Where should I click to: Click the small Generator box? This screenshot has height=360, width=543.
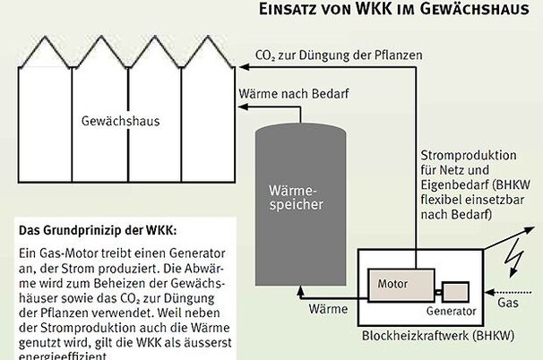455,292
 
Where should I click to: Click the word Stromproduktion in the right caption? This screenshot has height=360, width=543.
464,158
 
